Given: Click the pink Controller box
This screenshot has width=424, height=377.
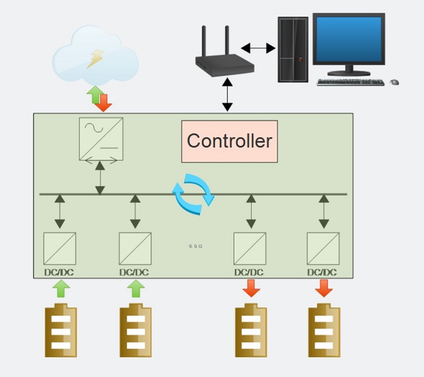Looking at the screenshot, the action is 229,141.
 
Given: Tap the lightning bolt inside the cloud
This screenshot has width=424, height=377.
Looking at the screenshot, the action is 95,59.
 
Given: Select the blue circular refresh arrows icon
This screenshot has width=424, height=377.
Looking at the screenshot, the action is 193,194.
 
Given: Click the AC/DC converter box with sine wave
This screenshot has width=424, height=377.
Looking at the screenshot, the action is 101,139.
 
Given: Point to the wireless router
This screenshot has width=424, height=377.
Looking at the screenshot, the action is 224,54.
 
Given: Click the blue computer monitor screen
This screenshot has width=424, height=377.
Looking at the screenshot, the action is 349,39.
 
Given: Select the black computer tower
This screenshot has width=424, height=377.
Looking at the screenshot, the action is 293,49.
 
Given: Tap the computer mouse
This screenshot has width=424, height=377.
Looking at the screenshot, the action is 394,82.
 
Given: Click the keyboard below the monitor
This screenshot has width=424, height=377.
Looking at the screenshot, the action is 350,82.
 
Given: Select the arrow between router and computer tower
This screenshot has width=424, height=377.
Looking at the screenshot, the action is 258,48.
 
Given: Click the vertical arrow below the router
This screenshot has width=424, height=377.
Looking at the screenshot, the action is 227,95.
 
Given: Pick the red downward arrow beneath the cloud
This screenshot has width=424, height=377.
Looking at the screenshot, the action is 103,103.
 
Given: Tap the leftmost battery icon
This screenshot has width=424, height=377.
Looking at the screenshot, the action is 61,330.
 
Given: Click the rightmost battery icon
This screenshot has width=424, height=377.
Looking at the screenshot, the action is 324,330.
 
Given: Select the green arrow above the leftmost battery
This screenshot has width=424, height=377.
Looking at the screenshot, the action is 61,289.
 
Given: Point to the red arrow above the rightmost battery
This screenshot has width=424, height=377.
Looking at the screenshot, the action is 324,288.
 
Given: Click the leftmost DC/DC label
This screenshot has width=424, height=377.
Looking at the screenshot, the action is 59,272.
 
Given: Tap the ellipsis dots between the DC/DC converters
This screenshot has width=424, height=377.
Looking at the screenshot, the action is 196,246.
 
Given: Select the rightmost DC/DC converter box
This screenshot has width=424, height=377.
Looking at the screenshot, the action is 323,248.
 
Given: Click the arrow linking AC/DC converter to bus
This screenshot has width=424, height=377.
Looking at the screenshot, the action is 100,178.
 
